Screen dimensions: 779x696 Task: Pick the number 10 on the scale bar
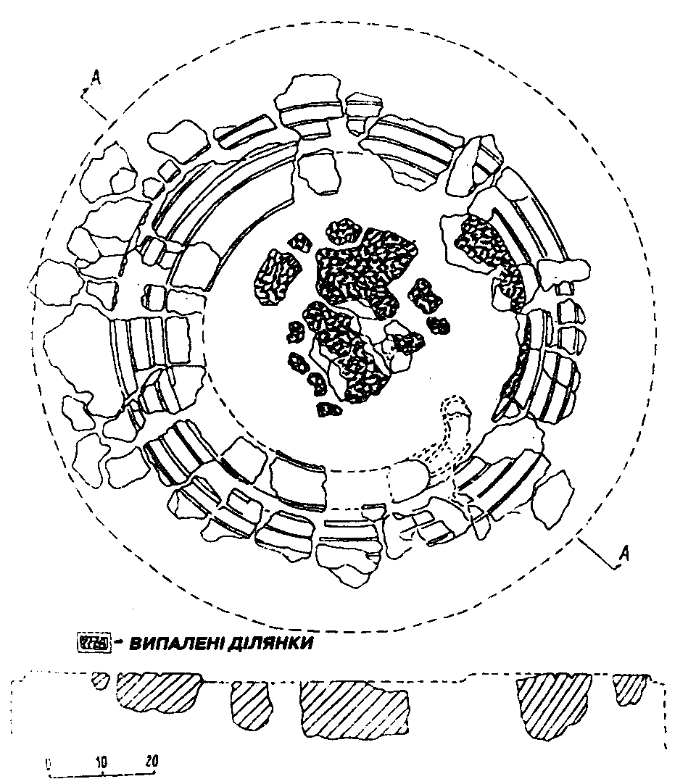click(x=101, y=762)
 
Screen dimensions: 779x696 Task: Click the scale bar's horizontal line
click(x=101, y=773)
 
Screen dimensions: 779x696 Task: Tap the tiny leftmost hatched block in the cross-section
click(x=101, y=680)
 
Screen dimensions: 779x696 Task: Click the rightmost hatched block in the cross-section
click(x=629, y=688)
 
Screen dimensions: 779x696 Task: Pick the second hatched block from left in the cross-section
click(x=158, y=691)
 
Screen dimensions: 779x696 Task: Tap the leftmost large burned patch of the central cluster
click(x=277, y=274)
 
